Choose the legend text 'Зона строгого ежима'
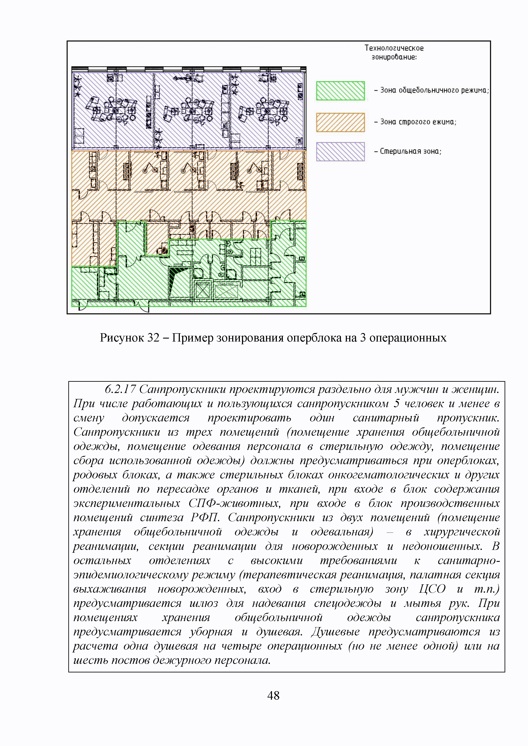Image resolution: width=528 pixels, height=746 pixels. pyautogui.click(x=418, y=122)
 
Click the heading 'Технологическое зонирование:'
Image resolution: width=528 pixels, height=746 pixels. pyautogui.click(x=394, y=52)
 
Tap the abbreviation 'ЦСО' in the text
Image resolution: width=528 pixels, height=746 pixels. pyautogui.click(x=432, y=589)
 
